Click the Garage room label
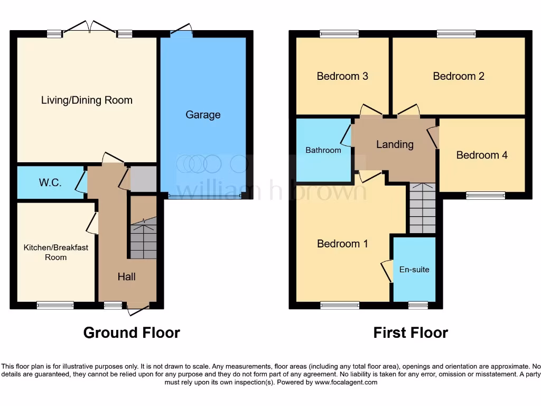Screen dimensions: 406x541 pyautogui.click(x=203, y=115)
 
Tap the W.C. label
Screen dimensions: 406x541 pyautogui.click(x=50, y=183)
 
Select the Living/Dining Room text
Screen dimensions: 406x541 pyautogui.click(x=87, y=100)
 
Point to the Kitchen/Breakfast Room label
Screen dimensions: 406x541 pyautogui.click(x=55, y=252)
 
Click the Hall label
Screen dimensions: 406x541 pyautogui.click(x=127, y=276)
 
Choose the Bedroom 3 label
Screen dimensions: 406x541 pyautogui.click(x=342, y=76)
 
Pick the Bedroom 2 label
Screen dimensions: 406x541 pyautogui.click(x=459, y=76)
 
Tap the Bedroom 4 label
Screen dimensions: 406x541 pyautogui.click(x=482, y=155)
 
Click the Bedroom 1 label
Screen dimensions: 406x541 pyautogui.click(x=342, y=244)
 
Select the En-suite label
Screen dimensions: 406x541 pyautogui.click(x=414, y=270)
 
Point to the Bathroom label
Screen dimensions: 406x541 pyautogui.click(x=323, y=150)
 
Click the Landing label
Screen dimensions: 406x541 pyautogui.click(x=395, y=144)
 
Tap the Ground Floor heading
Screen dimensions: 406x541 pyautogui.click(x=132, y=333)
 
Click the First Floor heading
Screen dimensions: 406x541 pyautogui.click(x=411, y=333)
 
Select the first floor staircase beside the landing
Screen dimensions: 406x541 pyautogui.click(x=422, y=208)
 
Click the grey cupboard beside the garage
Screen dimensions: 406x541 pyautogui.click(x=144, y=179)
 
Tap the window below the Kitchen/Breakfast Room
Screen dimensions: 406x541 pyautogui.click(x=55, y=305)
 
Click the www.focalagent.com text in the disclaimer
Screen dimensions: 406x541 pyautogui.click(x=346, y=382)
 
